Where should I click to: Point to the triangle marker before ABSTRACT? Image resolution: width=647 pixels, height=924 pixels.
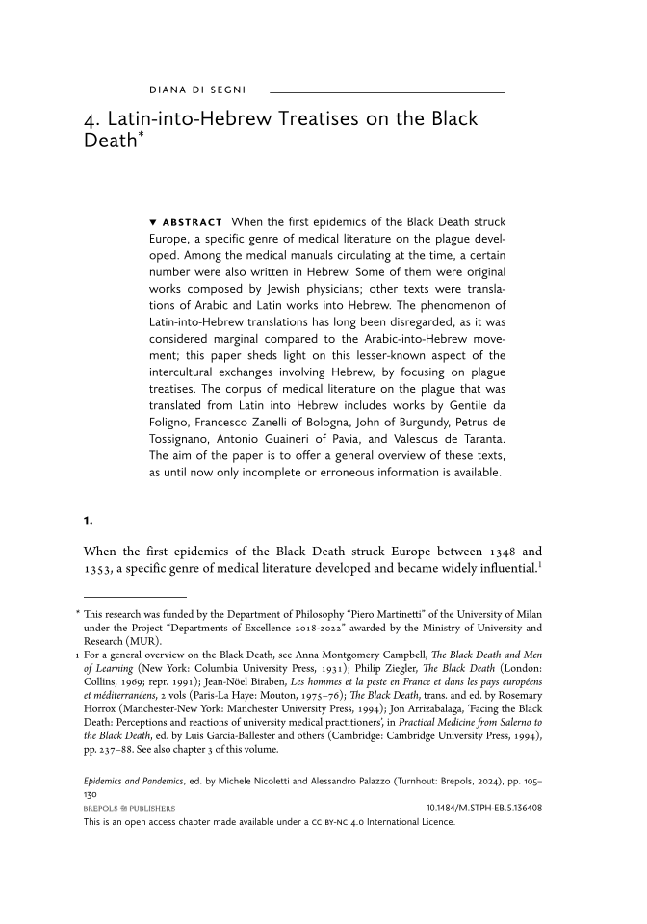pos(153,223)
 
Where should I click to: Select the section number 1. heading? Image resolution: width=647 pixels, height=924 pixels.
pos(88,521)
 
